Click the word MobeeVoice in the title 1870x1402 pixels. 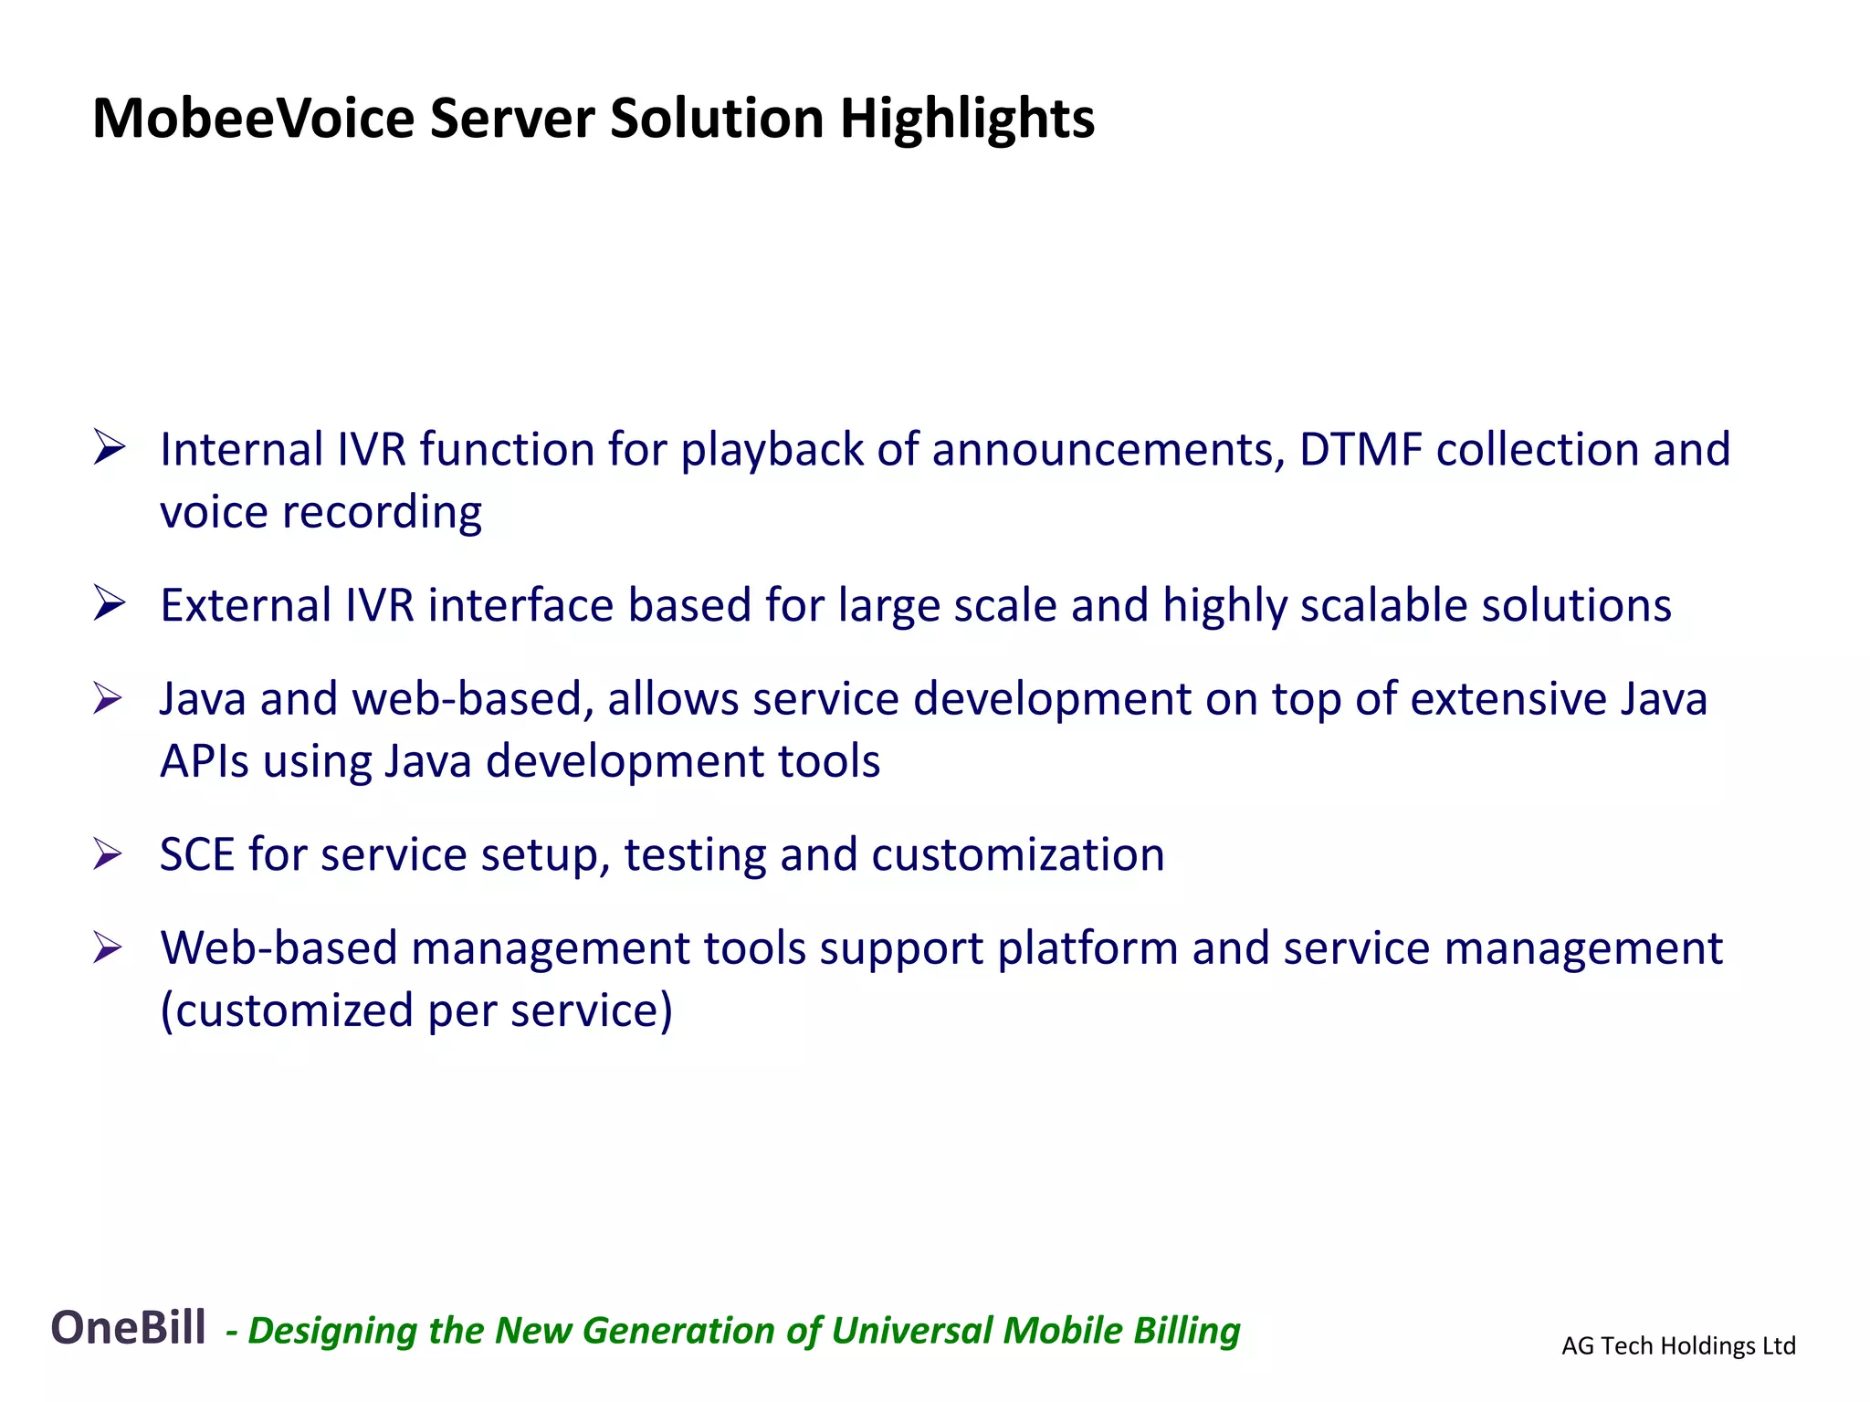tap(253, 119)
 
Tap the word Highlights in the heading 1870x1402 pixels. tap(966, 119)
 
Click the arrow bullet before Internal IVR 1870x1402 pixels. tap(109, 448)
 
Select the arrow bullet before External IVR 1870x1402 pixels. tap(109, 604)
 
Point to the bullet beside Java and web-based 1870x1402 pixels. tap(108, 699)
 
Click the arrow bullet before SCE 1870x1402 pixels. tap(108, 854)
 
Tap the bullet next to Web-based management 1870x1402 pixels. tap(108, 948)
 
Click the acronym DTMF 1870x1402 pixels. tap(1360, 449)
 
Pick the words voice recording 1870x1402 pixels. tap(320, 512)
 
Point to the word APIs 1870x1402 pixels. tap(205, 761)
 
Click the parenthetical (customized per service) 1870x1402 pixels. tap(416, 1010)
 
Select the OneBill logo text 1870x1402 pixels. tap(128, 1327)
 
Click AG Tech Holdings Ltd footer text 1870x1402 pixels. tap(1678, 1345)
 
